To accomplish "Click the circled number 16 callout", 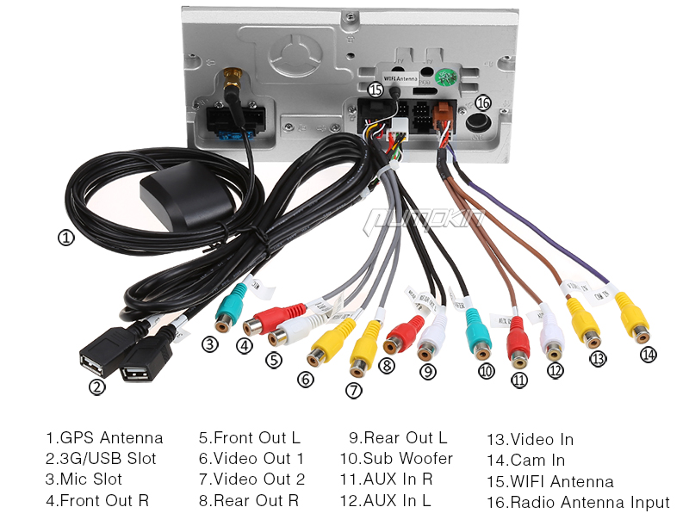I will pos(483,102).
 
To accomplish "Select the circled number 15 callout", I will pos(375,89).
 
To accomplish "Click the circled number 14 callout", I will pos(648,354).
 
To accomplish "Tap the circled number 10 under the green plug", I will pos(487,371).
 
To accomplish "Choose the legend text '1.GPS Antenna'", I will pos(104,438).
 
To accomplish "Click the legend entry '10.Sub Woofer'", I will pos(396,459).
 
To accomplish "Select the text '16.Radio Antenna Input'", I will pos(578,502).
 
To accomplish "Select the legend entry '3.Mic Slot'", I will pos(84,479).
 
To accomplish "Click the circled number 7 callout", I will pos(354,390).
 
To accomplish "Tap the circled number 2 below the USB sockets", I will pos(97,387).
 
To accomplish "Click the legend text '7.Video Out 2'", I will pos(251,479).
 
